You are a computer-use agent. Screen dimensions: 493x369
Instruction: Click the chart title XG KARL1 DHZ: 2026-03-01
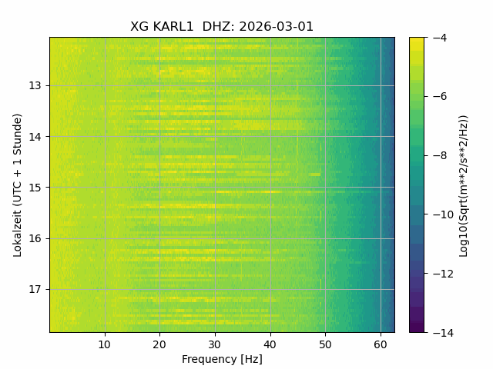click(222, 27)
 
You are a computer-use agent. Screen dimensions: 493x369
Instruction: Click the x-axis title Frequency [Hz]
click(222, 359)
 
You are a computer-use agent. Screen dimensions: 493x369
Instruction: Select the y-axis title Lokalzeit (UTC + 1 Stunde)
click(18, 185)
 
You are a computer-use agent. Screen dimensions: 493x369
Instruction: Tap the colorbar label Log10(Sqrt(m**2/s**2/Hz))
click(464, 186)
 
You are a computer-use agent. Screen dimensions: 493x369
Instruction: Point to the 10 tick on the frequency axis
click(105, 345)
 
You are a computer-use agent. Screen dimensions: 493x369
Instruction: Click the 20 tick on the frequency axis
click(159, 345)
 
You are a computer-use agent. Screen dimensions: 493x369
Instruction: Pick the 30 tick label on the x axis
click(215, 345)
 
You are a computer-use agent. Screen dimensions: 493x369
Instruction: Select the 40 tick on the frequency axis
click(270, 345)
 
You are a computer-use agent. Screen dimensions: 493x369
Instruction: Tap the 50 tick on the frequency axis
click(325, 345)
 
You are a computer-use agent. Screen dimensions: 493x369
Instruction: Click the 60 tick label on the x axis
click(381, 345)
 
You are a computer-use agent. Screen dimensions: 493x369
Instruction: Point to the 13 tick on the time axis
click(35, 85)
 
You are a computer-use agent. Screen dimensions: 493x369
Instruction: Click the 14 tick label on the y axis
click(35, 137)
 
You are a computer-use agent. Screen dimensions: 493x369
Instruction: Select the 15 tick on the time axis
click(35, 188)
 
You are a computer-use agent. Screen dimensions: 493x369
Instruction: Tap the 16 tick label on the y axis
click(35, 238)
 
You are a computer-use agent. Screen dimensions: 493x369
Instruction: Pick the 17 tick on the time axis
click(35, 289)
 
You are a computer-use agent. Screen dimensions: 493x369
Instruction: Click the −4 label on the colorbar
click(440, 38)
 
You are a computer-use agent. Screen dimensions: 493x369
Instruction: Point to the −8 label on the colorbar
click(440, 155)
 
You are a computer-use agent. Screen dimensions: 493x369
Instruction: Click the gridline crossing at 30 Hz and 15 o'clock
click(215, 188)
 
